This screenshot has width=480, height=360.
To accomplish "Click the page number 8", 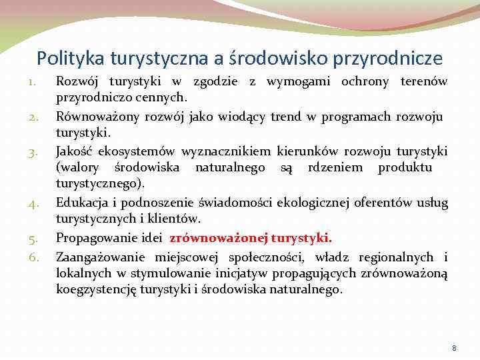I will point(454,348).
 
